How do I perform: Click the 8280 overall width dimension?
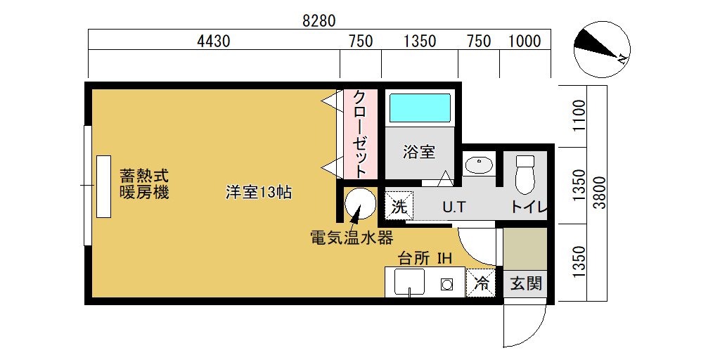(x=319, y=21)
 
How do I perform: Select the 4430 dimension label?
(x=213, y=41)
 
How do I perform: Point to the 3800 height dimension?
(x=600, y=193)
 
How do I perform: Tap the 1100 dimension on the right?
(x=580, y=115)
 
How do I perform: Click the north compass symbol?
(x=602, y=49)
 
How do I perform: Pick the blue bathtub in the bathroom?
(x=420, y=108)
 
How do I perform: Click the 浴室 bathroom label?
(x=419, y=152)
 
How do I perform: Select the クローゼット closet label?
(x=361, y=134)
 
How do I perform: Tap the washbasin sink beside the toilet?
(x=479, y=165)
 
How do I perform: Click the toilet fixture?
(x=525, y=174)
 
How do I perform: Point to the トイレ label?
(x=529, y=207)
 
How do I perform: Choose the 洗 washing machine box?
(x=399, y=206)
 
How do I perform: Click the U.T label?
(x=454, y=207)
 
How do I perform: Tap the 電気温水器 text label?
(x=352, y=238)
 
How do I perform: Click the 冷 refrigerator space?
(x=481, y=283)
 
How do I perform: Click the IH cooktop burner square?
(x=446, y=284)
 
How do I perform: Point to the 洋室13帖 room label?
(x=259, y=192)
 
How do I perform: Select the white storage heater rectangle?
(x=104, y=186)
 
